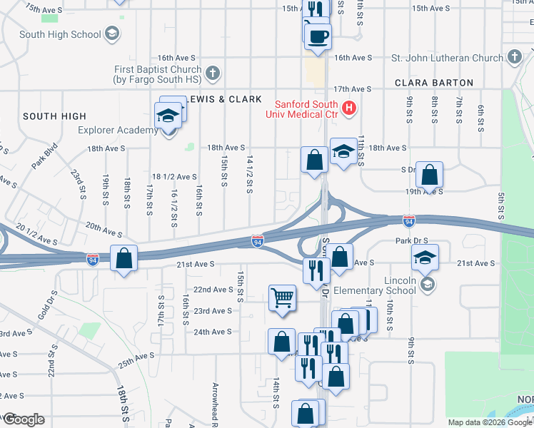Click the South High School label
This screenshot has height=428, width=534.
[x=60, y=34]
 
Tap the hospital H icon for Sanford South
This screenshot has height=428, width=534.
[x=349, y=108]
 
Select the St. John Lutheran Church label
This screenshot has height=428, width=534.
[x=448, y=57]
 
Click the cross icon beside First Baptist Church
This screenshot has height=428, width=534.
[x=212, y=73]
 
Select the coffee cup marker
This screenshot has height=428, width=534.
[x=318, y=35]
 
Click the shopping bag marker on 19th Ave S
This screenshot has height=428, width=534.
[x=430, y=174]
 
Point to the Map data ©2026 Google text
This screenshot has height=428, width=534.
[x=489, y=422]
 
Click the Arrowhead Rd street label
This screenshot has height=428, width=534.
[x=214, y=404]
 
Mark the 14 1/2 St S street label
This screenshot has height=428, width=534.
[x=249, y=174]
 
